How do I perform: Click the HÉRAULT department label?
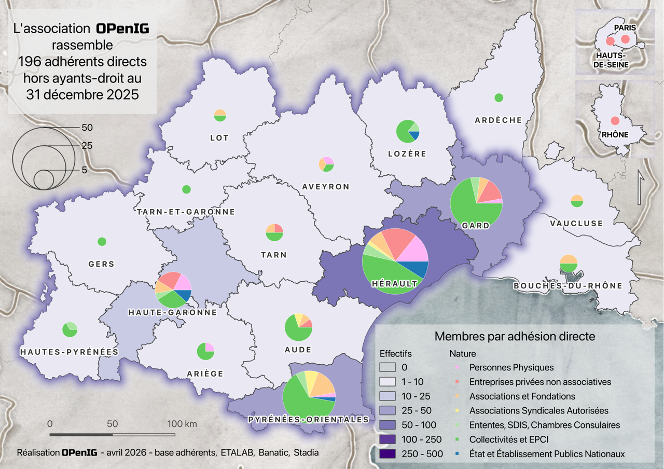(395, 284)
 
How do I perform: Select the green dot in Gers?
(102, 241)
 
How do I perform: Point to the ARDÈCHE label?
(499, 120)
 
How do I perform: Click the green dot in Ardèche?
(499, 98)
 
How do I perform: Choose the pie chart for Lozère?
(408, 131)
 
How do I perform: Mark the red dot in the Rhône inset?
(615, 121)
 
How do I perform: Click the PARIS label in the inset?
(625, 27)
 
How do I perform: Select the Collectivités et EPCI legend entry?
(509, 439)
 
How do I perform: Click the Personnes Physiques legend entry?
(511, 367)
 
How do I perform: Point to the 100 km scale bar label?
(182, 424)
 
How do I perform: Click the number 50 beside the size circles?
(87, 127)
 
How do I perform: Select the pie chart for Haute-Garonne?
(173, 289)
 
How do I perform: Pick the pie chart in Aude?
(298, 327)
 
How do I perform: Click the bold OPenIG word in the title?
(122, 29)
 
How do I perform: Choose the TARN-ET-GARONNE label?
(186, 212)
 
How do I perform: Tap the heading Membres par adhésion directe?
(514, 336)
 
